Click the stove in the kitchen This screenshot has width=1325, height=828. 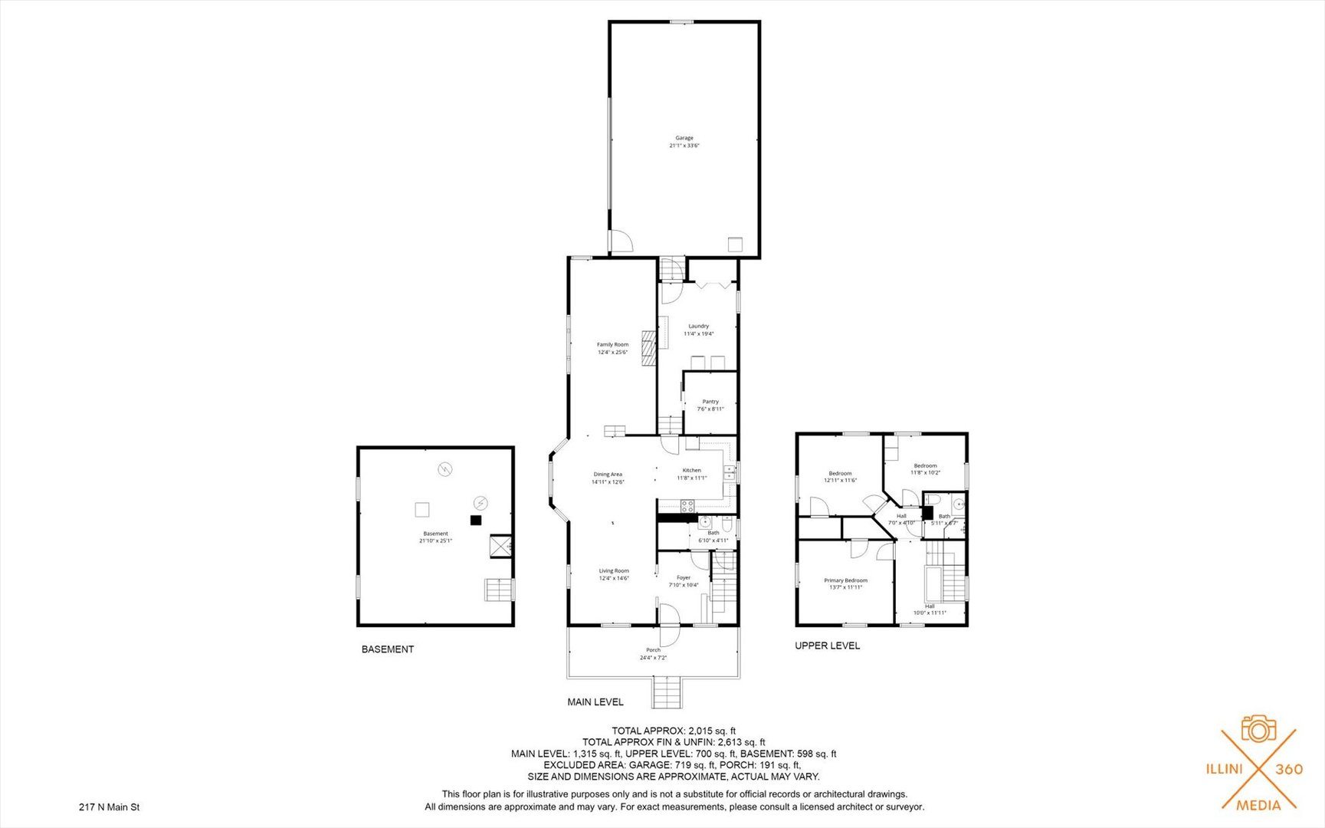687,505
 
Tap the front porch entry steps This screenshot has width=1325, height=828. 666,692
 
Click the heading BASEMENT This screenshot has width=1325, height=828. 388,649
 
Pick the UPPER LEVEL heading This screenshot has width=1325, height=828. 827,646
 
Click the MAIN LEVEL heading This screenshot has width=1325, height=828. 595,701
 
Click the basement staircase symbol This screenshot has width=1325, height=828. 498,590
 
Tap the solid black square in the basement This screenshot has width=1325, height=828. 475,520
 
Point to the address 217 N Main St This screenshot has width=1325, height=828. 109,807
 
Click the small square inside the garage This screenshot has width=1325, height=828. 736,244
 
